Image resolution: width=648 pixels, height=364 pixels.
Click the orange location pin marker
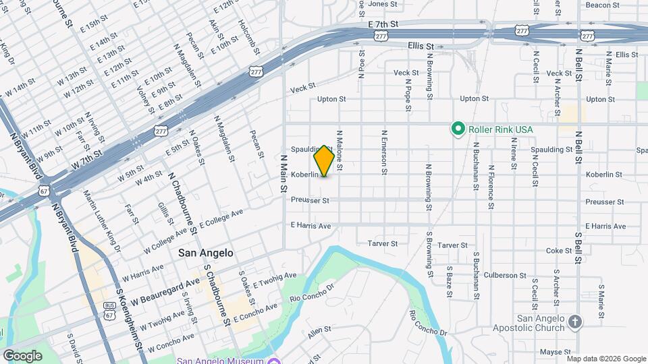click(324, 160)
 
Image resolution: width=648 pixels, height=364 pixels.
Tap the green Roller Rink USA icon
click(458, 128)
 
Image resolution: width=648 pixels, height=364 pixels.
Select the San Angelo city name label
click(206, 253)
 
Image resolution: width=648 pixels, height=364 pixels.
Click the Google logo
click(22, 355)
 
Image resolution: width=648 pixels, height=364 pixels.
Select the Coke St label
click(558, 251)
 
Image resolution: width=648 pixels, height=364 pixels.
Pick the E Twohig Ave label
click(275, 278)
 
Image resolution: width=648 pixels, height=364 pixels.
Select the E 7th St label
click(384, 24)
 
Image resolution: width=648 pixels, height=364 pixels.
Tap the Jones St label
click(383, 4)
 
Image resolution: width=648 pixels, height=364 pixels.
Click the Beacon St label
click(603, 5)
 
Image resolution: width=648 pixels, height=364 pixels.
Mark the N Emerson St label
click(384, 153)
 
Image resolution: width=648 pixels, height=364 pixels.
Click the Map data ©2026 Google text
click(606, 359)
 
